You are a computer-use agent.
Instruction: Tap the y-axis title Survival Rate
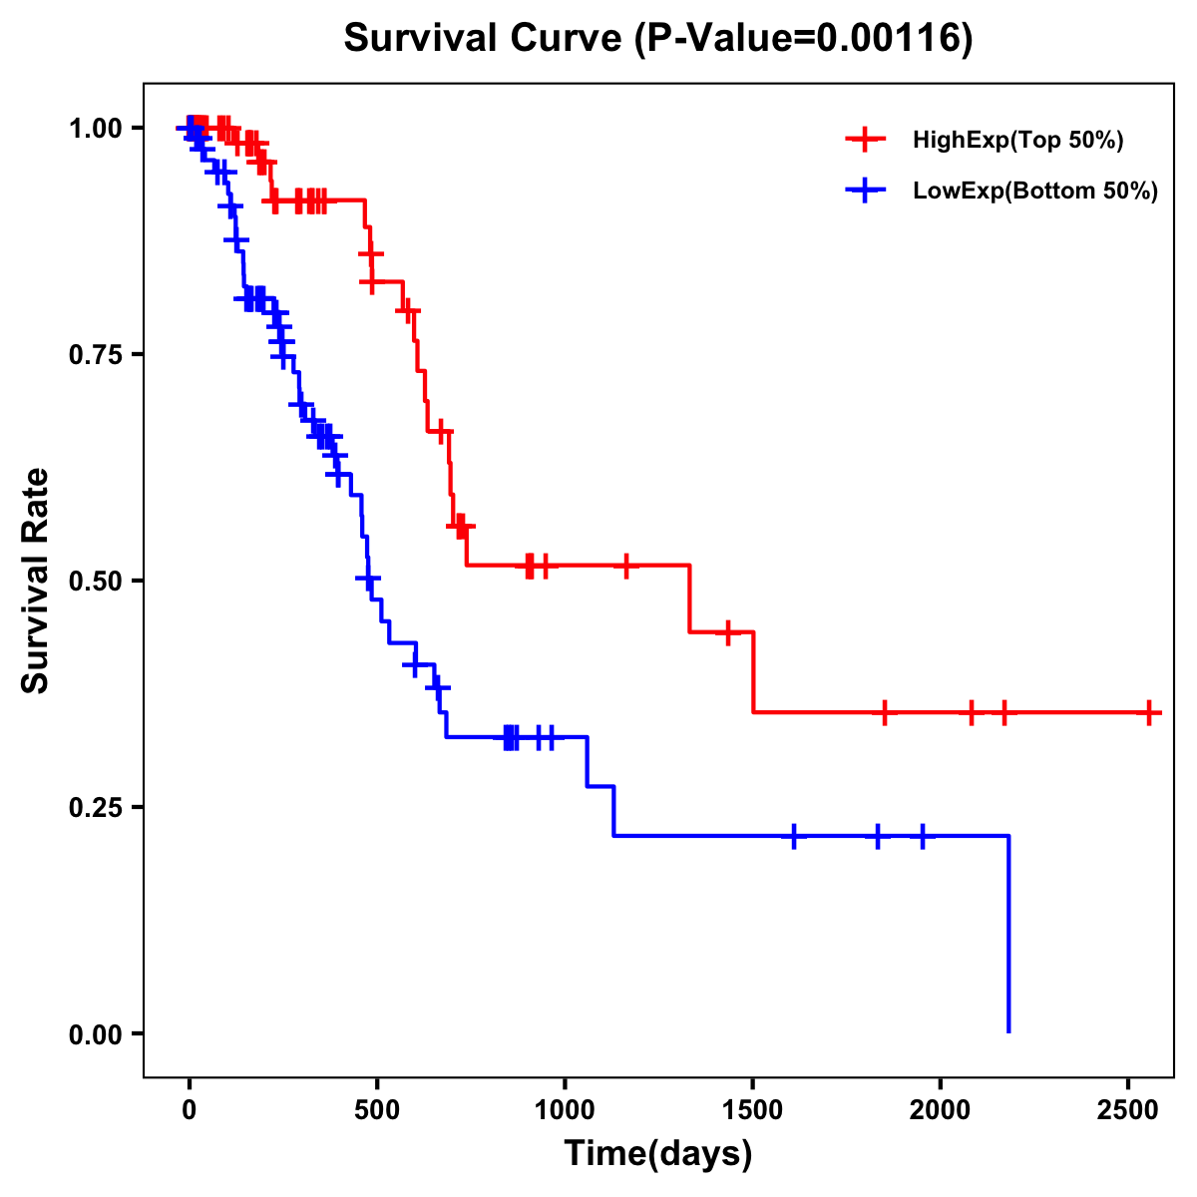[x=36, y=580]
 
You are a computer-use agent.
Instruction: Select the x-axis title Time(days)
[x=658, y=1154]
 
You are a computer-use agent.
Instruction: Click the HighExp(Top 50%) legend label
[x=1017, y=141]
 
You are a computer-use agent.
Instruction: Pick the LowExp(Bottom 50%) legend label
[x=1035, y=192]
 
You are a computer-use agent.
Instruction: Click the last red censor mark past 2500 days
[x=1149, y=712]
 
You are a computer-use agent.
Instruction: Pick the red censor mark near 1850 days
[x=884, y=712]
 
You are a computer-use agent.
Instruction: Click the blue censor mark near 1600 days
[x=794, y=836]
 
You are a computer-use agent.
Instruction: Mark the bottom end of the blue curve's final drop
[x=1008, y=1031]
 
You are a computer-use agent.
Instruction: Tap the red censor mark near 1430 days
[x=727, y=631]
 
